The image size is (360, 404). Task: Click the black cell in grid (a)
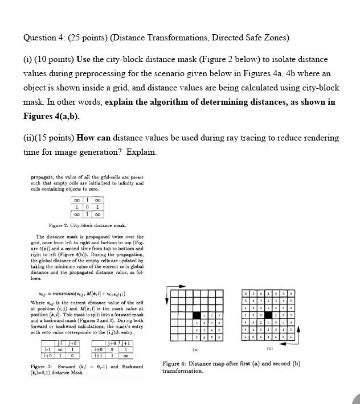[196, 315]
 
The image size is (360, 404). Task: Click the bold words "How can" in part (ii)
[94, 138]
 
